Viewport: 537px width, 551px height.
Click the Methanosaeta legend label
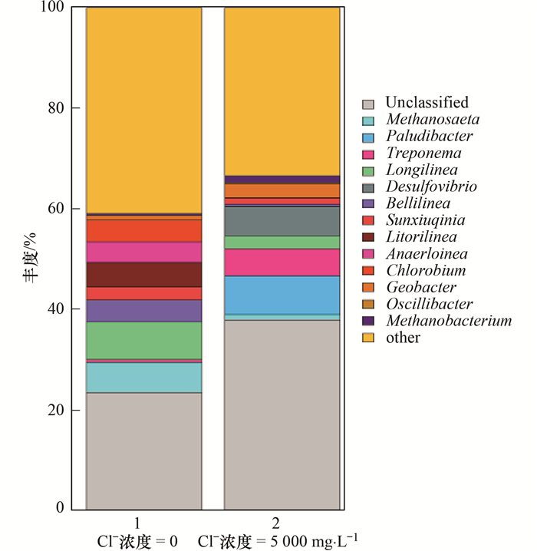click(x=433, y=120)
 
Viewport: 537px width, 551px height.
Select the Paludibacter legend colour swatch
click(x=369, y=137)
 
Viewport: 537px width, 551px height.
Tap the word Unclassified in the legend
click(x=427, y=103)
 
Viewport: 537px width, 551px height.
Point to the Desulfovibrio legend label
click(x=431, y=186)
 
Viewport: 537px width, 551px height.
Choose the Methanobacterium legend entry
click(x=449, y=321)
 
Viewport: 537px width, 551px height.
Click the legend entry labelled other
click(x=403, y=338)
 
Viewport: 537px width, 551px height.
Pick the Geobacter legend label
click(x=421, y=287)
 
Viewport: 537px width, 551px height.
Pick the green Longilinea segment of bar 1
click(x=143, y=340)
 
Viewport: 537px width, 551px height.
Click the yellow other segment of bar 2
click(x=282, y=92)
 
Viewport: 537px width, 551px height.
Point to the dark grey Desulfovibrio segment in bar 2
click(x=282, y=221)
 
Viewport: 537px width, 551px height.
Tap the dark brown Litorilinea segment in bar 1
click(x=143, y=275)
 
